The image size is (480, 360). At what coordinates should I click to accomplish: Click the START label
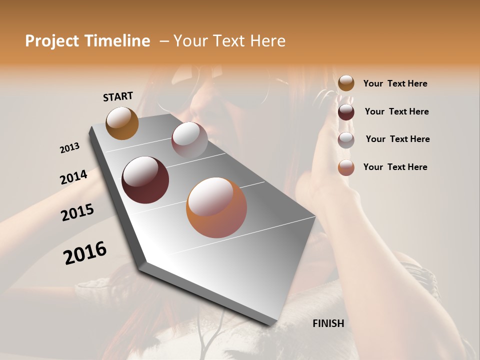coord(118,96)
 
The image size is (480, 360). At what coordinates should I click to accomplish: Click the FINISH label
coord(328,323)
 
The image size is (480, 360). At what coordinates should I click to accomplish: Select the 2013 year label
coord(70,148)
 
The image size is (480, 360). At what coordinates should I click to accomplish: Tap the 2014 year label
coord(73,177)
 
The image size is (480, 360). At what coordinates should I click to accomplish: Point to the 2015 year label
coord(77,212)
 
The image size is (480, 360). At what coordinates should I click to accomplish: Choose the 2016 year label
coord(85,253)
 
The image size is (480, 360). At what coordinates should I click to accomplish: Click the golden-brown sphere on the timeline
coord(122,123)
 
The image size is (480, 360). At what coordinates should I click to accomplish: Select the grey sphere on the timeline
coord(189,140)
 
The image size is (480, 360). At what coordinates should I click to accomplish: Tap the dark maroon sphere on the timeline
coord(145,180)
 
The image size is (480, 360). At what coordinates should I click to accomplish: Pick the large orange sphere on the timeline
coord(216,207)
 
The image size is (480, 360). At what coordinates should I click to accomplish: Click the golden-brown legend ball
coord(346,83)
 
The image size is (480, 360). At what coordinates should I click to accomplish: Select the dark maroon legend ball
coord(346,112)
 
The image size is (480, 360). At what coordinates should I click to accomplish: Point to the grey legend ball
coord(346,140)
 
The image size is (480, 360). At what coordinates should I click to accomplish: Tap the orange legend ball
coord(346,167)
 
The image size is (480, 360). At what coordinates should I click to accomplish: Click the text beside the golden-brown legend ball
coord(395,83)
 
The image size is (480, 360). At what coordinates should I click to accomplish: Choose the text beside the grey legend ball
coord(397,139)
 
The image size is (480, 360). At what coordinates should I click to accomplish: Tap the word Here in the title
coord(266,41)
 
